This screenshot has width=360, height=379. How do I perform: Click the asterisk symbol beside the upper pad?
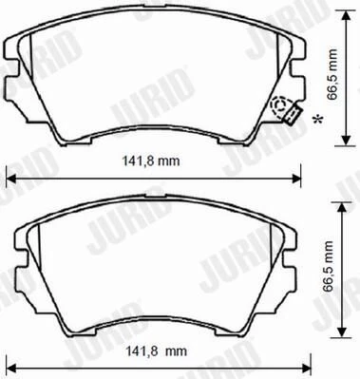318,120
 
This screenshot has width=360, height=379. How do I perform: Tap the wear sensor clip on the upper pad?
293,114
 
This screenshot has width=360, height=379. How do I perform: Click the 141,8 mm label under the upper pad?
151,161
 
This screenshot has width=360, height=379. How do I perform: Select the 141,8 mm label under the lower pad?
157,351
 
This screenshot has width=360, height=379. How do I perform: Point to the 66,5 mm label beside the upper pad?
332,74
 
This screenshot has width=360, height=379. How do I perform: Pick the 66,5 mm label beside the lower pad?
329,267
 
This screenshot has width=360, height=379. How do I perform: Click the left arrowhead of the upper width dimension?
10,179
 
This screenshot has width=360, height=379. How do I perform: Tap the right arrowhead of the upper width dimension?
296,179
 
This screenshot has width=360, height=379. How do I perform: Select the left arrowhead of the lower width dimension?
10,368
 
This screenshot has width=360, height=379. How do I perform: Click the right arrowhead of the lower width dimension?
307,368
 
